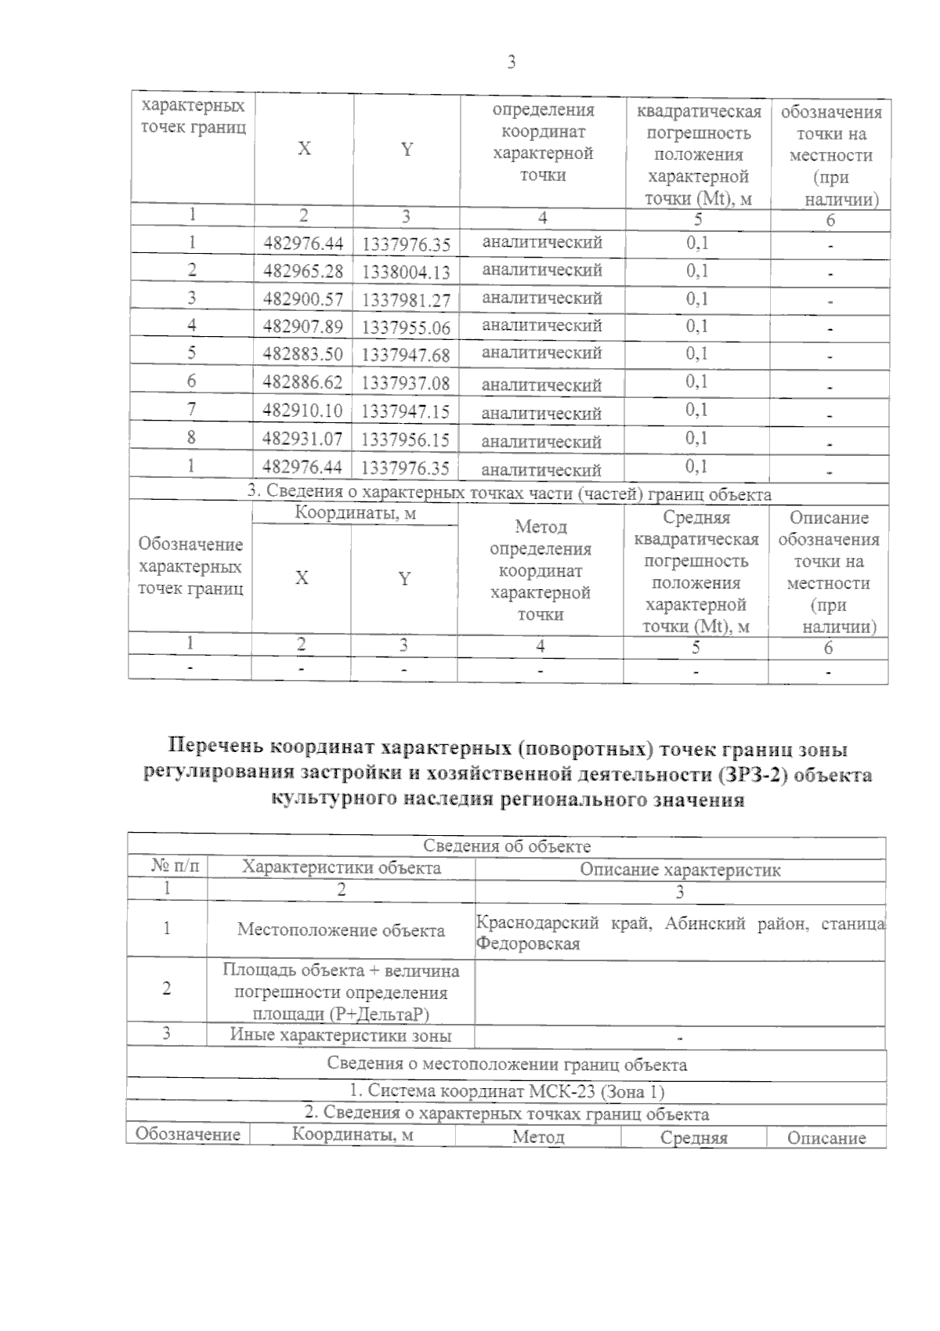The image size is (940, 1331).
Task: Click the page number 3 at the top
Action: coord(512,63)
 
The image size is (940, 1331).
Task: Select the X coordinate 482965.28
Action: coord(303,271)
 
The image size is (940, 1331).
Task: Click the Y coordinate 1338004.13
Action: coord(406,272)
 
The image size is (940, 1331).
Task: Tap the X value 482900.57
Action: coord(303,299)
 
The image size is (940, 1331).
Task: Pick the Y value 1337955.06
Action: coord(406,327)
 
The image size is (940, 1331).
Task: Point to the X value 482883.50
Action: coord(303,354)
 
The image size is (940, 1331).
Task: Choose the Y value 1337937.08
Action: coord(406,383)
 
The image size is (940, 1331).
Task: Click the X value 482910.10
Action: coord(303,411)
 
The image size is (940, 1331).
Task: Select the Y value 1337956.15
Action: coord(406,439)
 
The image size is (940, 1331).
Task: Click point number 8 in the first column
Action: coord(191,437)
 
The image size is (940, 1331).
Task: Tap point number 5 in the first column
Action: coord(191,353)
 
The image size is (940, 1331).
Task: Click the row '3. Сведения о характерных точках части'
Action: coord(509,494)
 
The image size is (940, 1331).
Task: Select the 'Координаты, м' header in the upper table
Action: coord(355,513)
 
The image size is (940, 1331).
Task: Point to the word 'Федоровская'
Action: coord(528,944)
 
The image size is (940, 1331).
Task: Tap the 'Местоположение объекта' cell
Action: coord(341,930)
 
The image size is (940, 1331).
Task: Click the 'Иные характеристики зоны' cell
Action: coord(341,1035)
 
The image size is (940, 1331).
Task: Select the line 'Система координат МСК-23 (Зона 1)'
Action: coord(506,1090)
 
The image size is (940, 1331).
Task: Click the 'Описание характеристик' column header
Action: coord(680,869)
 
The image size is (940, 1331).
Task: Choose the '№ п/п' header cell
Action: coord(175,866)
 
